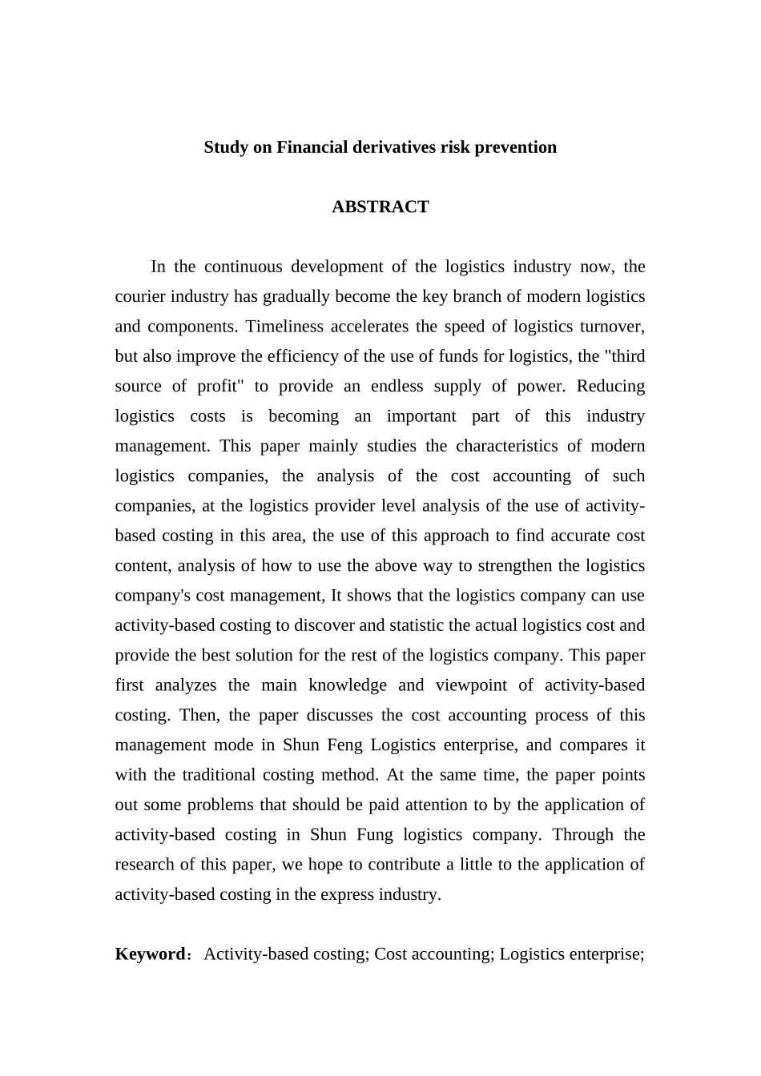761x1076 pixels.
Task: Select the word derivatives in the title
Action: click(393, 147)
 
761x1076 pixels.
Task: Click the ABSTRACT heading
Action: click(380, 207)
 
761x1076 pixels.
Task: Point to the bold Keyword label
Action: click(150, 954)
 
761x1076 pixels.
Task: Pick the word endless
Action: click(394, 387)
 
